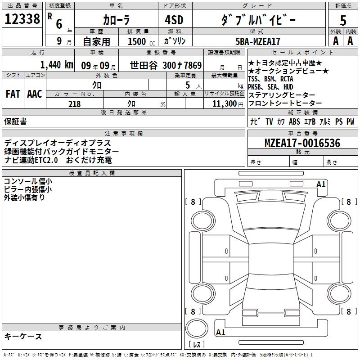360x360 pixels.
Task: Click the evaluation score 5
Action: [343, 21]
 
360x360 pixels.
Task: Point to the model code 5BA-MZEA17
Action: [258, 41]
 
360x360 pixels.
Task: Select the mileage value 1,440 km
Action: [56, 64]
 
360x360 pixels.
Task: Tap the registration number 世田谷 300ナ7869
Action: [166, 65]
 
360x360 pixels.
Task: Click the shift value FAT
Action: [13, 94]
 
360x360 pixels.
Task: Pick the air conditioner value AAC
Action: [34, 94]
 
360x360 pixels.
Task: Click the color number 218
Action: [75, 104]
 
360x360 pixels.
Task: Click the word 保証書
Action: [15, 121]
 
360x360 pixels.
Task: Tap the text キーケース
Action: [23, 336]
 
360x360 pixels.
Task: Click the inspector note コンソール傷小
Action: [27, 181]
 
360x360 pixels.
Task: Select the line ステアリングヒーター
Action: [282, 95]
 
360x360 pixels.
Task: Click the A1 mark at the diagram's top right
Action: [321, 184]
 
